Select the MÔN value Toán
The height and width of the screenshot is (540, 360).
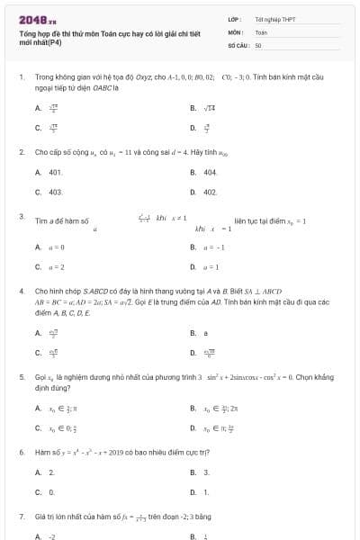tap(261, 31)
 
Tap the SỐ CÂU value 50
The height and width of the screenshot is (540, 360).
tap(258, 44)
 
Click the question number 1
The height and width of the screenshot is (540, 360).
tap(22, 77)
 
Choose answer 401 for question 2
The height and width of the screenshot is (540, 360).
tap(55, 171)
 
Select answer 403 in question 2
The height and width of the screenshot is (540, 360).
tap(55, 192)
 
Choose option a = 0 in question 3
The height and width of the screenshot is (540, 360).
tap(56, 246)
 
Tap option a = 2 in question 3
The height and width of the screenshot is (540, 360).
tap(56, 265)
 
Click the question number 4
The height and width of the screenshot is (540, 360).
tap(22, 292)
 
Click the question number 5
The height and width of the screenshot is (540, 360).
tap(22, 379)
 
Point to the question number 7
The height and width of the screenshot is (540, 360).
tap(22, 517)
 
